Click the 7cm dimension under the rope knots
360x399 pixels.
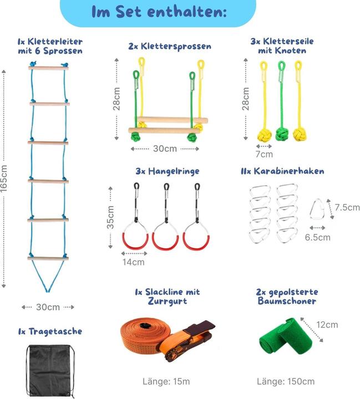click(264, 155)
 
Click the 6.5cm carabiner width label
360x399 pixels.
click(318, 237)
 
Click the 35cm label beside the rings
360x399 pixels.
click(110, 217)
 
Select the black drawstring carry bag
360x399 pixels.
click(49, 371)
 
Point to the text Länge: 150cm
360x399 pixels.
click(286, 381)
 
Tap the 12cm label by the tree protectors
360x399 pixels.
click(328, 324)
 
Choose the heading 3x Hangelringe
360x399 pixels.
click(159, 172)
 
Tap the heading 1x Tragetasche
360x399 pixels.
click(49, 331)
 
